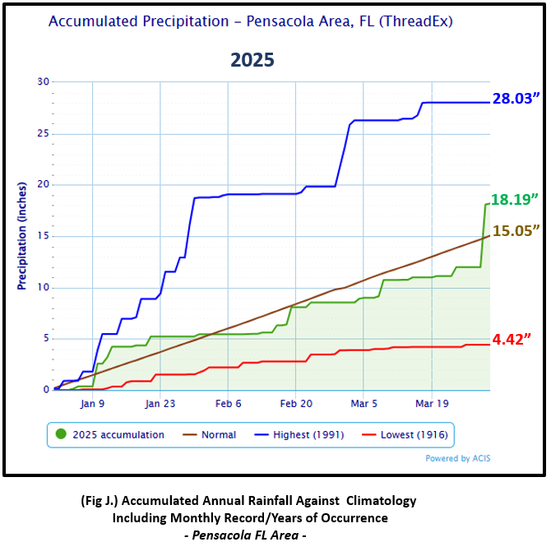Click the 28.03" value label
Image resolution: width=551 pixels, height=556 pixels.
click(516, 100)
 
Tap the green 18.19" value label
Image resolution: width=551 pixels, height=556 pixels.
click(516, 199)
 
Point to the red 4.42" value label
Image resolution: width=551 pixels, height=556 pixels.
click(516, 336)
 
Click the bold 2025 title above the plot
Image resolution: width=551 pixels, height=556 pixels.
click(252, 60)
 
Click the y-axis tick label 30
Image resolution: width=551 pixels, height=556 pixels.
click(43, 81)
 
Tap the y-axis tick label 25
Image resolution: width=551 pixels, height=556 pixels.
click(43, 133)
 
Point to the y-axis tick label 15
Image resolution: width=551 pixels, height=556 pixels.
click(43, 236)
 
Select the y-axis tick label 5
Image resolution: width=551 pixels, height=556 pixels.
click(45, 339)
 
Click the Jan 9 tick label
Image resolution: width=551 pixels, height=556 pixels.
click(92, 404)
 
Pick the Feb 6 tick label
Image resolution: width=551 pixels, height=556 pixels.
click(228, 404)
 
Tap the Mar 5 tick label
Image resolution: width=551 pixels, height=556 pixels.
click(363, 404)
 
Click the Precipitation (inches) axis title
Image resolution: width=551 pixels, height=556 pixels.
click(22, 236)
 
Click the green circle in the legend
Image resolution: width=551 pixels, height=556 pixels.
click(60, 434)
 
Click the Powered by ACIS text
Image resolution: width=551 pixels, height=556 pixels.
click(458, 459)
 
